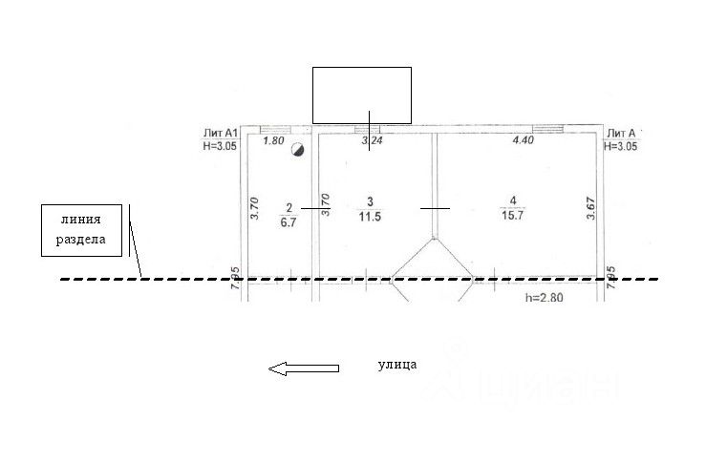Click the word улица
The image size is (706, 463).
pyautogui.click(x=397, y=365)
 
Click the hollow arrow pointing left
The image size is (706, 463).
pyautogui.click(x=303, y=368)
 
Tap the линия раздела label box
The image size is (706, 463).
pyautogui.click(x=83, y=230)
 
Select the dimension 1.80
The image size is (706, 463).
pyautogui.click(x=273, y=140)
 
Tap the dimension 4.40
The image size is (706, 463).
pyautogui.click(x=524, y=140)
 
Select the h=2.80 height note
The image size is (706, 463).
pyautogui.click(x=546, y=298)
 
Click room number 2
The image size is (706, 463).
pyautogui.click(x=288, y=206)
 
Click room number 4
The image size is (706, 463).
pyautogui.click(x=513, y=200)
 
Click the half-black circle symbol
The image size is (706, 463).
pyautogui.click(x=298, y=150)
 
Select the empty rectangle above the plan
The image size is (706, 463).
pyautogui.click(x=362, y=95)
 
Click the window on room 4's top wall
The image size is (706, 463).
pyautogui.click(x=546, y=128)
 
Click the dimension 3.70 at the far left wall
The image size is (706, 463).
pyautogui.click(x=254, y=209)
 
